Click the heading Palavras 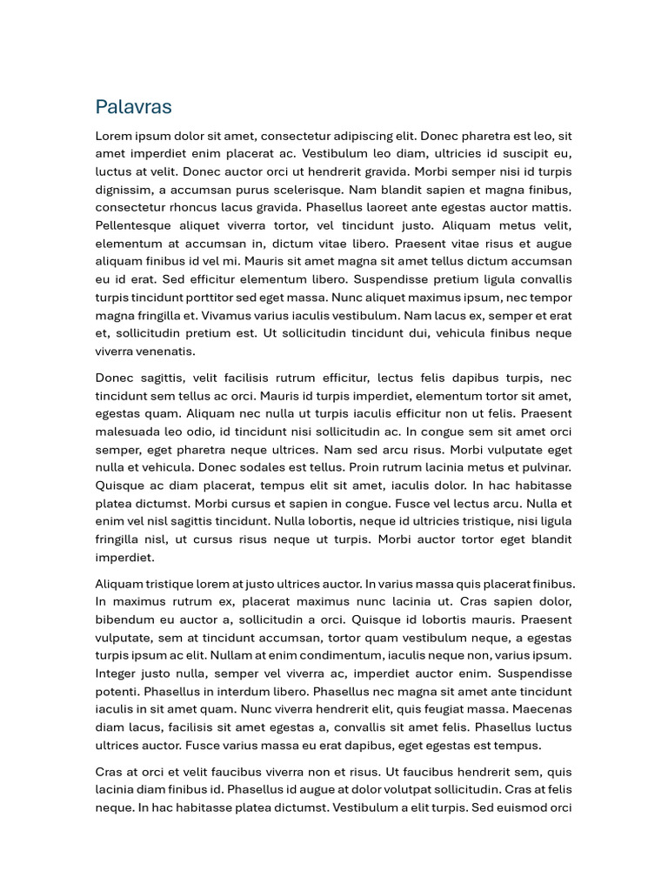133,107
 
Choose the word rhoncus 203,207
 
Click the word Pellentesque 135,225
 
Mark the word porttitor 234,298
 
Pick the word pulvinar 546,467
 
